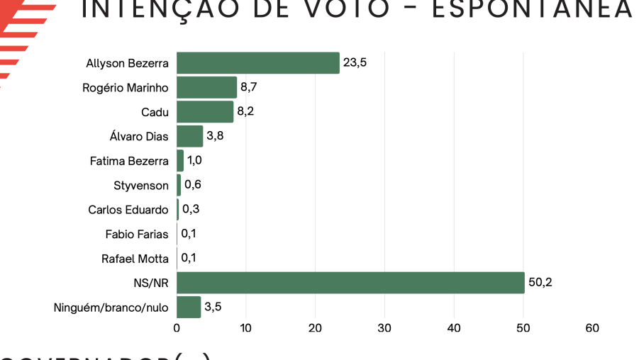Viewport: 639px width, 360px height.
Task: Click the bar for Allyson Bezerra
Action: pyautogui.click(x=258, y=63)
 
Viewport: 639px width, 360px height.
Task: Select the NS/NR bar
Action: pyautogui.click(x=350, y=283)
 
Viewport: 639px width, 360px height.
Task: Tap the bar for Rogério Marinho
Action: pyautogui.click(x=206, y=87)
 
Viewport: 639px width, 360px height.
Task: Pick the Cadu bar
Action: pyautogui.click(x=205, y=112)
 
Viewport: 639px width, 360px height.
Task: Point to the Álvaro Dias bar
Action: pyautogui.click(x=189, y=136)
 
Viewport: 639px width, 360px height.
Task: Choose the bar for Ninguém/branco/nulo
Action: pyautogui.click(x=189, y=308)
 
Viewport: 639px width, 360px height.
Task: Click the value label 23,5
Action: pyautogui.click(x=355, y=62)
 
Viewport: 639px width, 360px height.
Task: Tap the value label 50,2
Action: pyautogui.click(x=540, y=283)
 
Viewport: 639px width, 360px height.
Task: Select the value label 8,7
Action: pyautogui.click(x=249, y=87)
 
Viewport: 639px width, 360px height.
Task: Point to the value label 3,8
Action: pyautogui.click(x=215, y=136)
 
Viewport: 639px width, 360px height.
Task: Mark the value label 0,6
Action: pyautogui.click(x=192, y=185)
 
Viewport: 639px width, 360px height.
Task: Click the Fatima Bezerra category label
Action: pyautogui.click(x=129, y=161)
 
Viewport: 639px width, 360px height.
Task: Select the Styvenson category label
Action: pyautogui.click(x=141, y=186)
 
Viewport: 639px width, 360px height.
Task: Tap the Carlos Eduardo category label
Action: pyautogui.click(x=128, y=210)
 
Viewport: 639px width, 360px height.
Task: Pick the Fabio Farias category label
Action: pyautogui.click(x=137, y=234)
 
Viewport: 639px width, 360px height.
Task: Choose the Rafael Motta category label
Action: pyautogui.click(x=135, y=259)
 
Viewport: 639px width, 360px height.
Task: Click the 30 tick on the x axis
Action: pyautogui.click(x=385, y=328)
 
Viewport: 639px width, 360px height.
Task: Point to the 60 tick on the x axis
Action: pyautogui.click(x=593, y=328)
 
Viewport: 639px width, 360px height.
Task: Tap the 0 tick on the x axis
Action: pyautogui.click(x=177, y=328)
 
